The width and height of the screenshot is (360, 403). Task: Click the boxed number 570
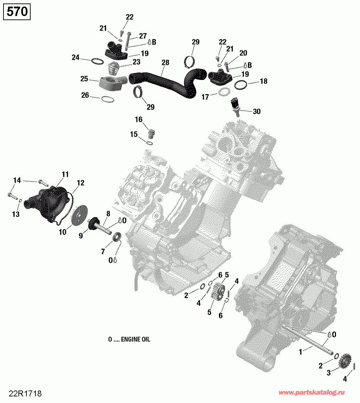pos(17,11)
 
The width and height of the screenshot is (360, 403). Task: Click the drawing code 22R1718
pos(25,394)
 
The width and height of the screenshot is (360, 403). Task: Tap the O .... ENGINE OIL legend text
pos(129,339)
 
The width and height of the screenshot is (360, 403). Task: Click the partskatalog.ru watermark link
pos(312,393)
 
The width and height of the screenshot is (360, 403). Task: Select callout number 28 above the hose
pos(166,63)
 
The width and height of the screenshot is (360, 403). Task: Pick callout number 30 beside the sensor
pos(257,111)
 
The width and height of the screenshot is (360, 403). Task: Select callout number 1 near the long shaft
pos(300,352)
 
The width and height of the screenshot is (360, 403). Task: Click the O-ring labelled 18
pos(241,85)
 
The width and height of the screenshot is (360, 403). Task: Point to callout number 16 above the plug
pos(138,120)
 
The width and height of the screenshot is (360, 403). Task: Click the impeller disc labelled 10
pos(79,216)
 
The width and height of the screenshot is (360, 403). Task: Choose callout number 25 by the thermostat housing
pos(84,79)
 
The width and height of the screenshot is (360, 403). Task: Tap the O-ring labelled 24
pos(97,61)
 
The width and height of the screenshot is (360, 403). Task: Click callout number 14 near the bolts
pos(17,180)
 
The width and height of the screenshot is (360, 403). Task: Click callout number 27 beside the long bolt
pos(143,36)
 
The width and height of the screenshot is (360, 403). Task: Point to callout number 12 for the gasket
pos(81,183)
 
